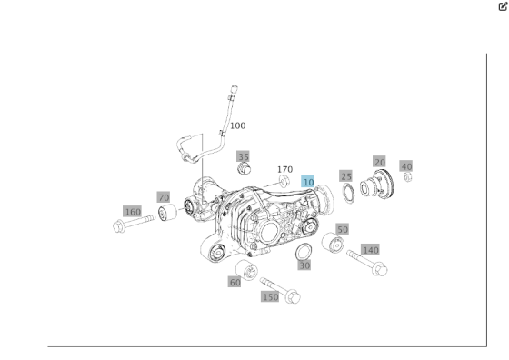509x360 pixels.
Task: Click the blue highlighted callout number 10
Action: pyautogui.click(x=308, y=182)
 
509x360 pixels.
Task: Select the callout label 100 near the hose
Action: pyautogui.click(x=237, y=125)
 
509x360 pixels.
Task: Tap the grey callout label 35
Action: pyautogui.click(x=243, y=156)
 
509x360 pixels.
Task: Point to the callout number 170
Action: pyautogui.click(x=284, y=169)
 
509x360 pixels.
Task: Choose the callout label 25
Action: pyautogui.click(x=346, y=175)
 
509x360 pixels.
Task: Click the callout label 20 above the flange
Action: pyautogui.click(x=379, y=161)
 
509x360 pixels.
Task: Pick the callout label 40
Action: pyautogui.click(x=406, y=165)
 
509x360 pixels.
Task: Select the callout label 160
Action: pyautogui.click(x=133, y=212)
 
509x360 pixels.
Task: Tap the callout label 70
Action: pyautogui.click(x=163, y=196)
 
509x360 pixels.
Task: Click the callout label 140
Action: pyautogui.click(x=370, y=249)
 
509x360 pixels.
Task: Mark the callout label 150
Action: pyautogui.click(x=270, y=296)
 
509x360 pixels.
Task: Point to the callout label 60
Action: pyautogui.click(x=235, y=282)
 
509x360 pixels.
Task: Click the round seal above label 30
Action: pyautogui.click(x=305, y=251)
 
